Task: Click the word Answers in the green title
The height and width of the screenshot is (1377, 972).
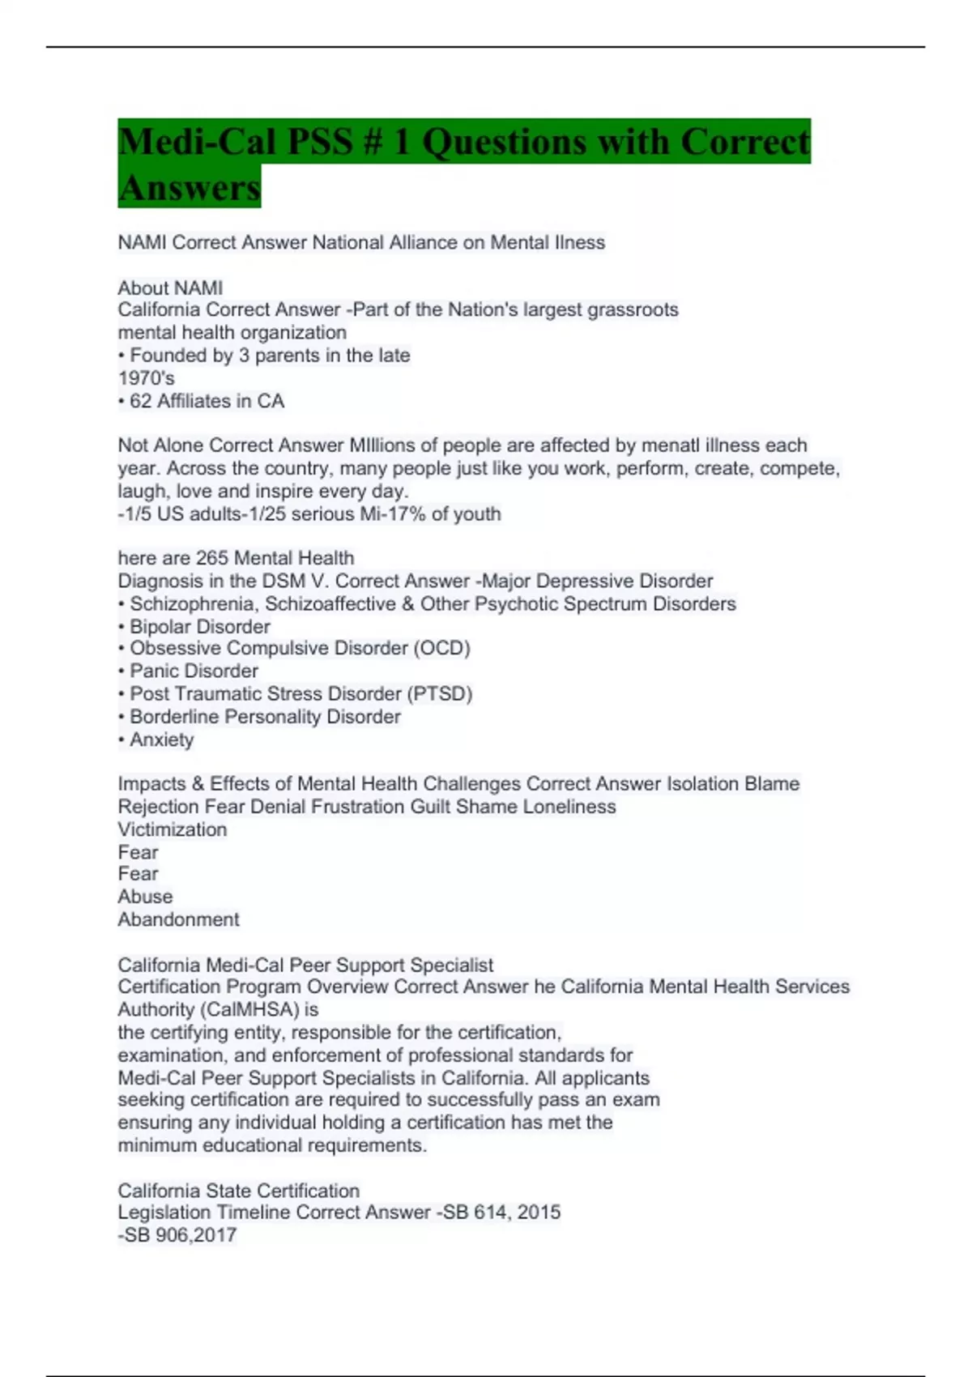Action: coord(189,187)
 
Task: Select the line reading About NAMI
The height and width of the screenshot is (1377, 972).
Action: coord(170,288)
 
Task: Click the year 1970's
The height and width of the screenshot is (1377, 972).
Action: coord(147,378)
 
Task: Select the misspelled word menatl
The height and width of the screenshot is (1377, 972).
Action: coord(671,446)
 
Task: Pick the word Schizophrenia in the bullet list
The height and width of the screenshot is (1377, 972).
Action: coord(191,603)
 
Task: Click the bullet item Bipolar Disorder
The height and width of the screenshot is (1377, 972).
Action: coord(199,626)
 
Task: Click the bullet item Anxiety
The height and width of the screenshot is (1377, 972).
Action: coord(161,740)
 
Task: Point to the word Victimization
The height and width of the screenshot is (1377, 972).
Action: coord(173,829)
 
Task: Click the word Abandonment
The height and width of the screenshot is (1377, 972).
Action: coord(178,919)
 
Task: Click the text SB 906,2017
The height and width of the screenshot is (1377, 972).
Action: coord(181,1235)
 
